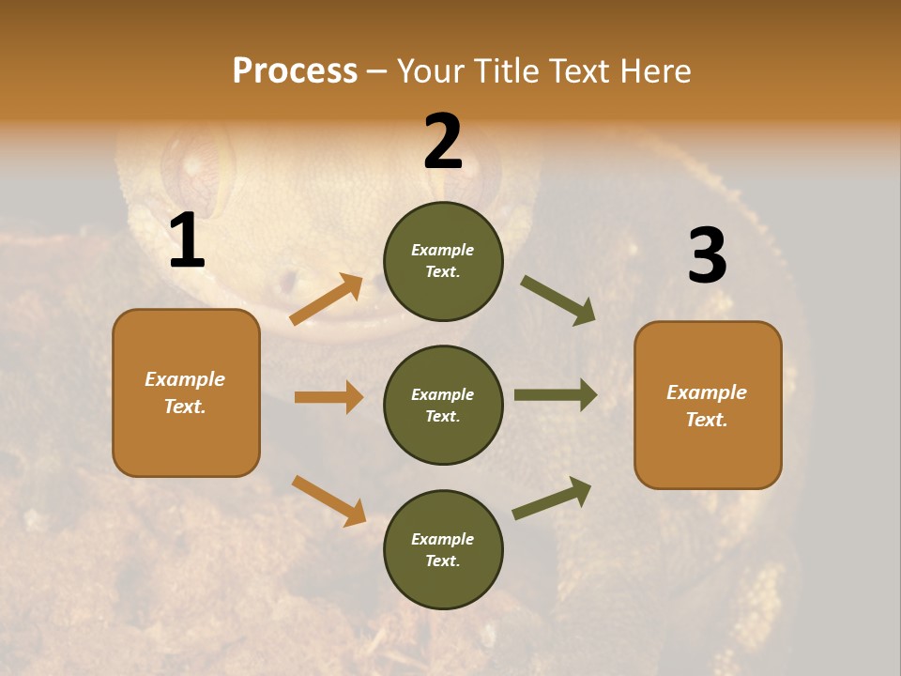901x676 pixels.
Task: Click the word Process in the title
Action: (x=295, y=71)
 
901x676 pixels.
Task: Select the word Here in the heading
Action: (x=654, y=71)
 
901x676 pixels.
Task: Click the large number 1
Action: (x=187, y=241)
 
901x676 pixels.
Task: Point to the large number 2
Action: (x=443, y=142)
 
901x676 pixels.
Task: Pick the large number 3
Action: (x=707, y=255)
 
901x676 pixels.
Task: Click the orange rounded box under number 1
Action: (x=186, y=392)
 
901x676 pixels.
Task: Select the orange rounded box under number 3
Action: (x=708, y=406)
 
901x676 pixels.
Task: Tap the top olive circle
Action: (x=443, y=261)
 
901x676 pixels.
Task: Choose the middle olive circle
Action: (x=443, y=406)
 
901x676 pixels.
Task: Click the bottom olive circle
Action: (x=443, y=550)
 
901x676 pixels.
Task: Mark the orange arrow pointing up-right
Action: (x=327, y=300)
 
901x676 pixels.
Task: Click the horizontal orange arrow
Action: (x=328, y=397)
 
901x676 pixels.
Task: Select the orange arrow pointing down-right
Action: (x=328, y=500)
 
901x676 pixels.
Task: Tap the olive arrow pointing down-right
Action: (x=558, y=300)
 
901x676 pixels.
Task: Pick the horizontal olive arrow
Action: (x=556, y=395)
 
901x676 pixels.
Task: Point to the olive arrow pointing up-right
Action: (x=552, y=498)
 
